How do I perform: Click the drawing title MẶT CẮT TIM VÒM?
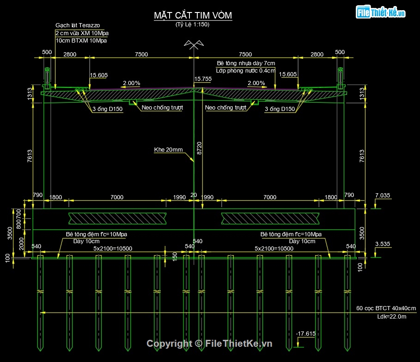click(x=193, y=16)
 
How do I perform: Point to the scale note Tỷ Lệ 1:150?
click(x=192, y=25)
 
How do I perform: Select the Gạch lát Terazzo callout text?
click(x=78, y=25)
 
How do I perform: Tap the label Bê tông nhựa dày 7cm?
click(x=245, y=63)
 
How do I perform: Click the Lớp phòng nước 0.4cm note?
click(x=245, y=71)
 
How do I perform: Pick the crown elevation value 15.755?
click(x=203, y=79)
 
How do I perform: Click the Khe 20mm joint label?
click(x=169, y=150)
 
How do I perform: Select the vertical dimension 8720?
click(x=199, y=148)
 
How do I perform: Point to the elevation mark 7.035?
click(x=383, y=196)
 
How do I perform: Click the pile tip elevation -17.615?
click(x=305, y=333)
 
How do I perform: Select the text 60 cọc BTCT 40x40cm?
click(x=386, y=308)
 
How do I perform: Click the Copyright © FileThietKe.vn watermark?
click(x=209, y=344)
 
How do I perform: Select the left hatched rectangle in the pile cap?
click(x=117, y=217)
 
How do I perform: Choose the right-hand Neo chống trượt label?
click(x=225, y=108)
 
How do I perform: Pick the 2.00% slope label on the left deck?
click(x=131, y=83)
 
